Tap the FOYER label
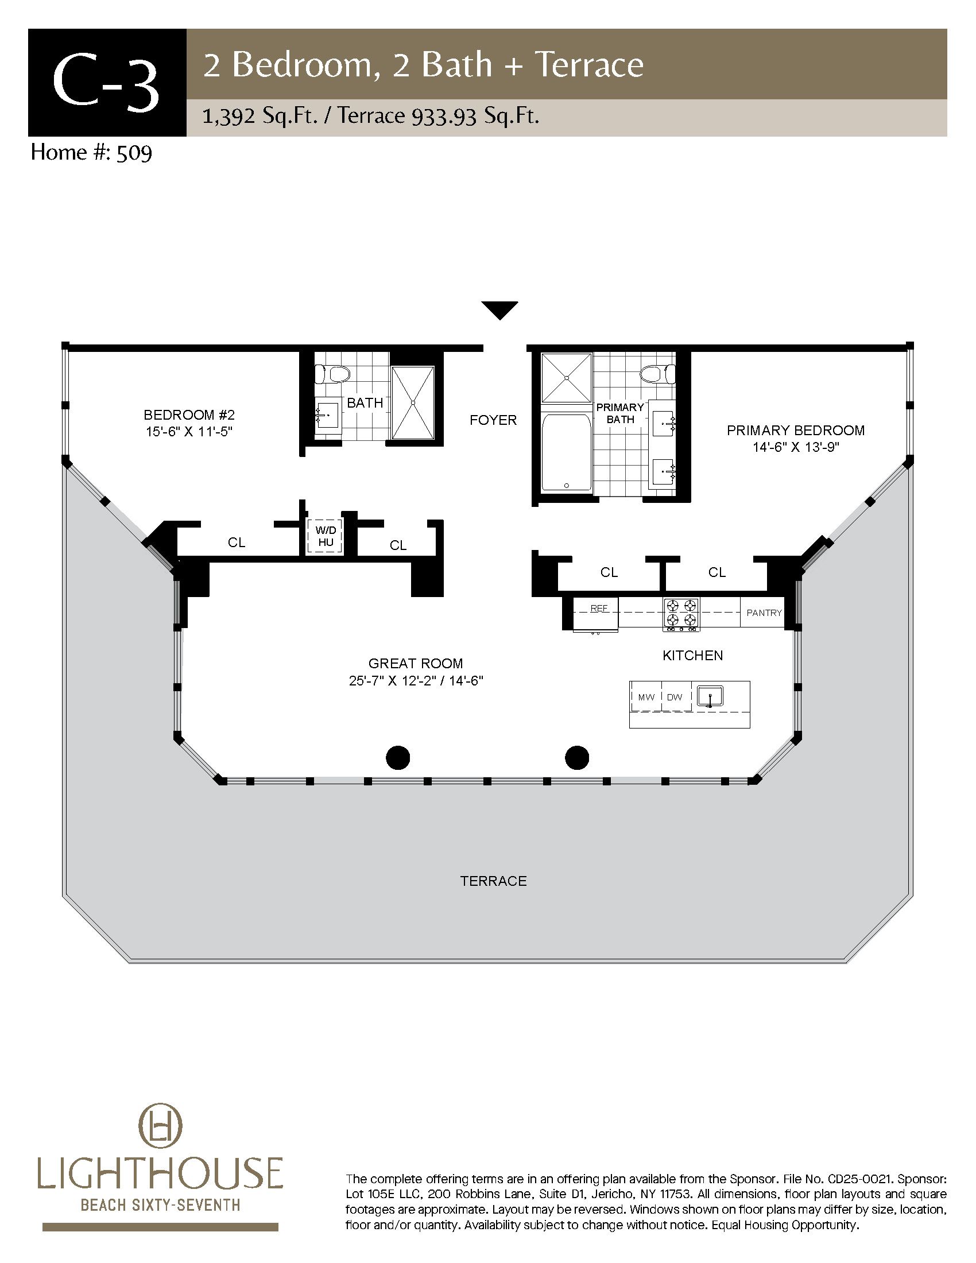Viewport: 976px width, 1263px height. tap(493, 420)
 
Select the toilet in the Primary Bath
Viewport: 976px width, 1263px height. tap(658, 374)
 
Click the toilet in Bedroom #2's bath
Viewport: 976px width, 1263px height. tap(332, 374)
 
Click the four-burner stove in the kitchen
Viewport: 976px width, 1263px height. tap(681, 614)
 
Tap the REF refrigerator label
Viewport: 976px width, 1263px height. tap(598, 609)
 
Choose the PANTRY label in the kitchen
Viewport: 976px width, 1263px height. tap(764, 613)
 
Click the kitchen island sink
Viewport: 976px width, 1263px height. tap(710, 697)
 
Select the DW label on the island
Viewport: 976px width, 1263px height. tap(675, 698)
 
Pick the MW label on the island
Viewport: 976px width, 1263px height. tap(646, 698)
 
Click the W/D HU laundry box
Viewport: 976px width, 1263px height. tap(326, 536)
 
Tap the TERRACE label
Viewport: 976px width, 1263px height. tap(493, 881)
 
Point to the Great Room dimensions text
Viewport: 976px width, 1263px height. tap(416, 681)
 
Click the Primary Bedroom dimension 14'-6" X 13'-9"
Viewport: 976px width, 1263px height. tap(796, 447)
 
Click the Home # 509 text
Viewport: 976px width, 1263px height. tap(91, 153)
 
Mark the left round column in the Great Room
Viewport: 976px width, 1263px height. tap(398, 758)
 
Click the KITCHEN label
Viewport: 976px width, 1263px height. tap(693, 655)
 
